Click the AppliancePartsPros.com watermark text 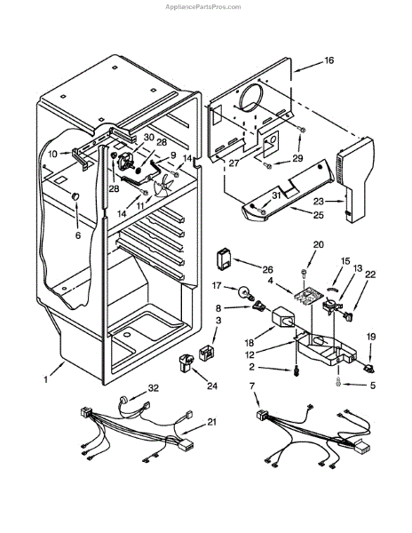pos(202,7)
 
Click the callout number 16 pos(329,60)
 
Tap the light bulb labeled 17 pos(244,292)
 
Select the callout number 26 pos(267,269)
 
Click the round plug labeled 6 pos(75,195)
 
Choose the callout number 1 pos(46,379)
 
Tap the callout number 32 pos(154,388)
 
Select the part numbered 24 pos(186,362)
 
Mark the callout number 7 pos(251,386)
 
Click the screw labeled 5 pos(338,382)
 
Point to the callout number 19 pos(371,337)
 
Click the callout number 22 pos(370,274)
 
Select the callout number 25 pos(318,215)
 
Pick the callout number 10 pos(52,154)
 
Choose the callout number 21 pos(211,422)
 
